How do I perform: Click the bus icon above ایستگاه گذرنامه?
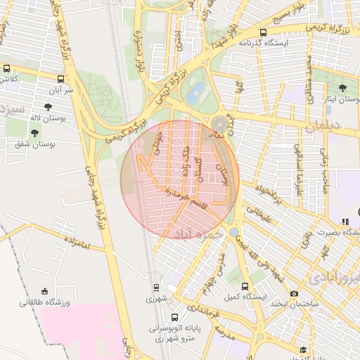point(263,32)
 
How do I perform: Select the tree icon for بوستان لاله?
point(47,108)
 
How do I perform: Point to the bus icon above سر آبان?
point(61,79)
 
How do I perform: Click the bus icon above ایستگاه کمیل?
point(245,286)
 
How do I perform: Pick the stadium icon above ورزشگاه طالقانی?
point(45,291)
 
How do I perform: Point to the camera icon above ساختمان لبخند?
point(294,293)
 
